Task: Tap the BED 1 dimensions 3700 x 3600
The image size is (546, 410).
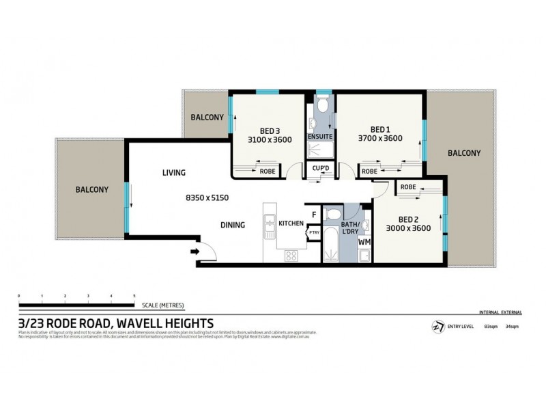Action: click(x=380, y=138)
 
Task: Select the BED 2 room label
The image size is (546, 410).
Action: click(x=408, y=220)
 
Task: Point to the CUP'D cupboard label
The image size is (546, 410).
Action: click(x=320, y=168)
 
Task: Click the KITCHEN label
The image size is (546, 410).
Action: click(x=291, y=223)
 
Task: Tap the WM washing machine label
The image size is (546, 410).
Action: click(x=364, y=242)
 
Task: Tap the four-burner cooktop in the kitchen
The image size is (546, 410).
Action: click(x=290, y=257)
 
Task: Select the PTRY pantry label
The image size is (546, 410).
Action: click(x=313, y=232)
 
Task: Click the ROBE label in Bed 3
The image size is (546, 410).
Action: click(x=268, y=172)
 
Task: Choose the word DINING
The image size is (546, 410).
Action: click(x=232, y=223)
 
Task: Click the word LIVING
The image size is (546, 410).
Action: click(x=173, y=173)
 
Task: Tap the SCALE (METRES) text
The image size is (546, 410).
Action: click(x=163, y=305)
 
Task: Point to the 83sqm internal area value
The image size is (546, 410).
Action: click(x=490, y=327)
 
